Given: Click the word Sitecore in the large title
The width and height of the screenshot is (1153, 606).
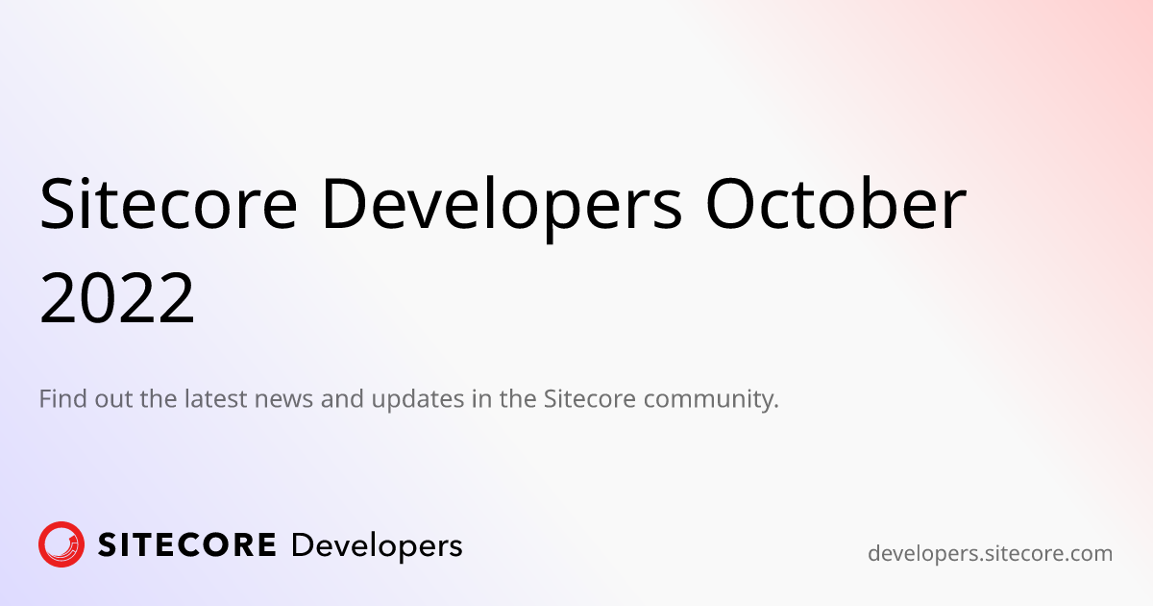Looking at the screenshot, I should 165,204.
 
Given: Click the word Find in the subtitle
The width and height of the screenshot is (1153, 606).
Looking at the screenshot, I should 62,398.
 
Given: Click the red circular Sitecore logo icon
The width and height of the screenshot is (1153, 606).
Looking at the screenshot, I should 61,544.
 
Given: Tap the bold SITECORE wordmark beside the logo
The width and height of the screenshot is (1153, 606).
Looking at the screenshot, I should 187,545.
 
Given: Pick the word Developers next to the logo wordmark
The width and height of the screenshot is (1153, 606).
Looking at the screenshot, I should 376,545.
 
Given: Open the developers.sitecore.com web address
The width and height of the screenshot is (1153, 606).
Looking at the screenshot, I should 990,553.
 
